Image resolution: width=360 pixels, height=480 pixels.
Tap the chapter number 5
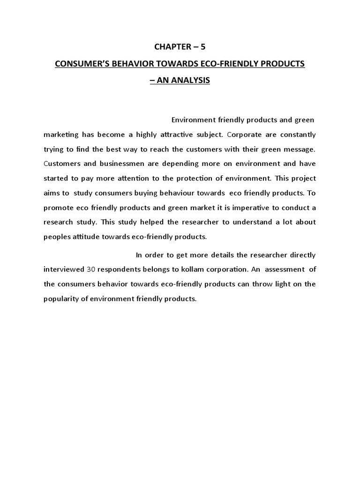pyautogui.click(x=203, y=47)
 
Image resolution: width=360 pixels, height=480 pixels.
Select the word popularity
pyautogui.click(x=63, y=299)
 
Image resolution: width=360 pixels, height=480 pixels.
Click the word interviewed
pyautogui.click(x=64, y=270)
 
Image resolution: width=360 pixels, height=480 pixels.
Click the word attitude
pyautogui.click(x=90, y=236)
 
